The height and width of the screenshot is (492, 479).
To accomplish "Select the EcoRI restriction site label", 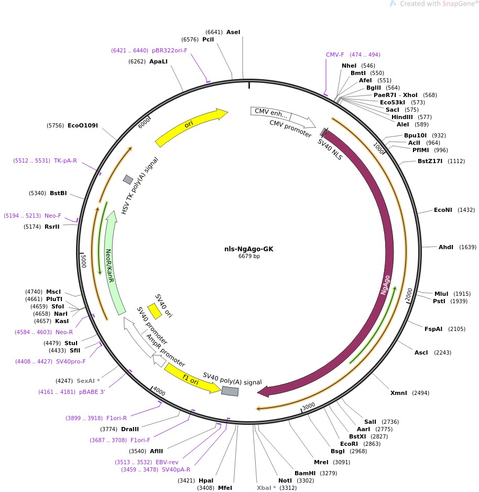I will pos(349,443).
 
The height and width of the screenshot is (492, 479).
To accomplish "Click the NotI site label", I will pos(285,480).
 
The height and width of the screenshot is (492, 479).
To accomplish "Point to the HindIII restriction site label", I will pos(404,117).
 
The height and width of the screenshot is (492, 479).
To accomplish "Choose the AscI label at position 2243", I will pos(421,352).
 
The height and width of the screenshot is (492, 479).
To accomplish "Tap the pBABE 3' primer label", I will pos(93,392).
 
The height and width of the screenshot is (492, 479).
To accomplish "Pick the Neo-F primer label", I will pos(52,216).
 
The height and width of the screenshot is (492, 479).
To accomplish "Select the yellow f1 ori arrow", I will pos(192,377).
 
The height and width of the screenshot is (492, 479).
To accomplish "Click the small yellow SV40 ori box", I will pos(155,311).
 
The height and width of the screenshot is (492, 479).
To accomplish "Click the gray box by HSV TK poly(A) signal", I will pos(128,180).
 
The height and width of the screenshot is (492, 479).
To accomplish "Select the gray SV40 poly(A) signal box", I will pos(230,390).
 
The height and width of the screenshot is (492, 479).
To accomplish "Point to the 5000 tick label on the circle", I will pos(83,260).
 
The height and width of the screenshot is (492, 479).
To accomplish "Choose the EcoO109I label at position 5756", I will pos(83,125).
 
